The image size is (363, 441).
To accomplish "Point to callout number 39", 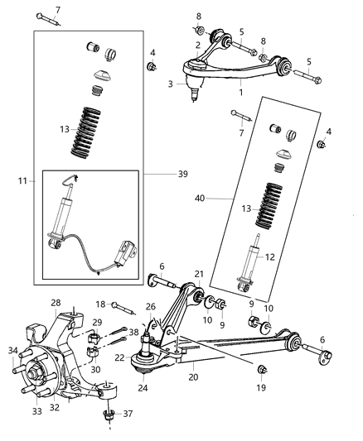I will (x=172, y=174).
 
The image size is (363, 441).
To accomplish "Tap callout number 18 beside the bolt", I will (x=100, y=304).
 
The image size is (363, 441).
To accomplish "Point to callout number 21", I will (x=199, y=273).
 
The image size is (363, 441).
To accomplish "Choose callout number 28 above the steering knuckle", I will (x=56, y=303).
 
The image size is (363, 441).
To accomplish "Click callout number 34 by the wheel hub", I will (x=12, y=350).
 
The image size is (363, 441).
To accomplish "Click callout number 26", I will (x=150, y=307).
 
